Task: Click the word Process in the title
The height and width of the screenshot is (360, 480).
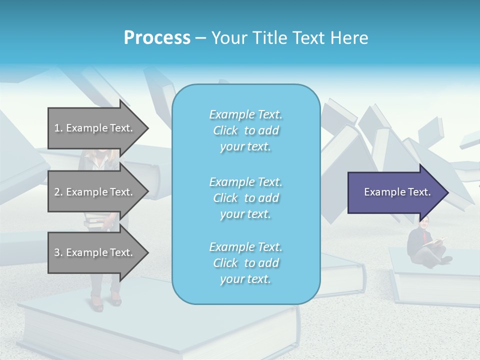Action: [157, 38]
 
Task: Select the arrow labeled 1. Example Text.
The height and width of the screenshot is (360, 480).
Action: [95, 128]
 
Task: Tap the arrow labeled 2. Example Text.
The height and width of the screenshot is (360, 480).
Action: [95, 192]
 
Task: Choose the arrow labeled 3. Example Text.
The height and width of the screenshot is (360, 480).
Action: [95, 252]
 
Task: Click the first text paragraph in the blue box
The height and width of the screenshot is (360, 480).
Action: [245, 130]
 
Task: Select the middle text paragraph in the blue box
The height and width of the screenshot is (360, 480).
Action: [245, 198]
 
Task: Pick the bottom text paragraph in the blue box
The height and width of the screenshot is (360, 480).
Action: [245, 263]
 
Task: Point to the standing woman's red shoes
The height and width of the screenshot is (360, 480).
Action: [105, 301]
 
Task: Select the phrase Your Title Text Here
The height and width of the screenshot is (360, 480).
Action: [289, 38]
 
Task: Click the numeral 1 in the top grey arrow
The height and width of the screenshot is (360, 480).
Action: [57, 128]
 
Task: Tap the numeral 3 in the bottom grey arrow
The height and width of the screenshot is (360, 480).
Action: [57, 252]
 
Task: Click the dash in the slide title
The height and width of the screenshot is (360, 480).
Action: [200, 38]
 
